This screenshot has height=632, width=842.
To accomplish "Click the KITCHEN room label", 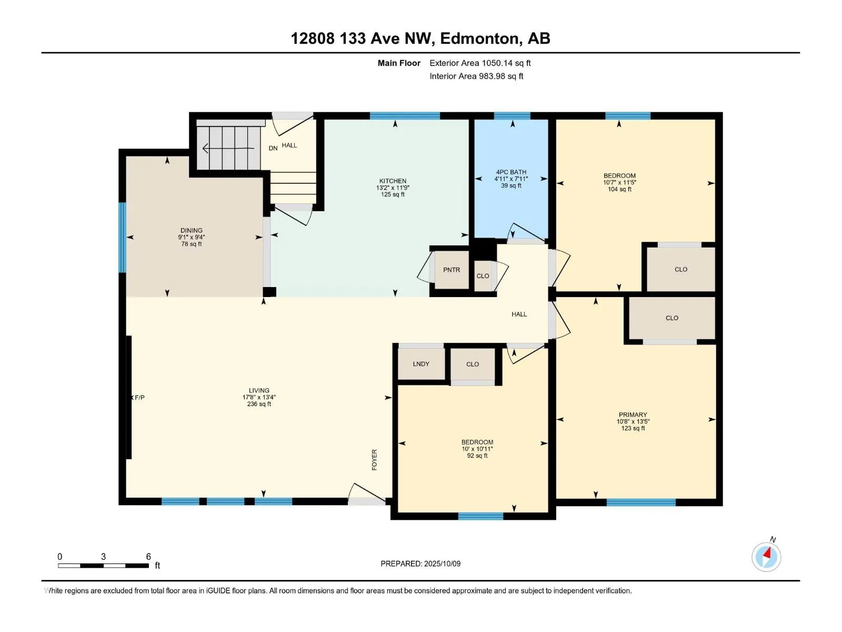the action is tap(393, 181).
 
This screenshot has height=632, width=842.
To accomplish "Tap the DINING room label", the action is tap(192, 230).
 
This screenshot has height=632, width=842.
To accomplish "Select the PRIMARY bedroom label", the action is tap(633, 414).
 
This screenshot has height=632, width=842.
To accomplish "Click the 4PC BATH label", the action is tap(511, 172).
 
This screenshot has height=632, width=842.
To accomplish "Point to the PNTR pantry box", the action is tap(452, 270).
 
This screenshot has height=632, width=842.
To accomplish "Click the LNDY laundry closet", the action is tap(421, 364).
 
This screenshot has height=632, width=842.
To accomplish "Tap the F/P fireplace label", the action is tap(139, 398).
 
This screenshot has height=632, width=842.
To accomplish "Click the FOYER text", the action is tap(374, 460).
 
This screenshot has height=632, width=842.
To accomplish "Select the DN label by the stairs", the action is tap(273, 148).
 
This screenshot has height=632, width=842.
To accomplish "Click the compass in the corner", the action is tap(766, 557).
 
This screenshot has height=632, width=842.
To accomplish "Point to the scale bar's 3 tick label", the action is tap(103, 556).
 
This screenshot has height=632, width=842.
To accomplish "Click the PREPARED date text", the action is tap(420, 564).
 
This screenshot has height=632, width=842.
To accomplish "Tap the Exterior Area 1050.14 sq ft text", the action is tap(480, 63).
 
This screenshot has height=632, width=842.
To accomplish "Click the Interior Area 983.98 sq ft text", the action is tap(476, 76).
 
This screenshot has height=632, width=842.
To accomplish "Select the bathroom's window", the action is tap(512, 116).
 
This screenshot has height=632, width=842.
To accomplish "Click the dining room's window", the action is tap(122, 237).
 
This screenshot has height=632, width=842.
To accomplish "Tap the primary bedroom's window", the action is tap(641, 502).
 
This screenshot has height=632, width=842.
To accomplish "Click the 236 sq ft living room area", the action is tap(259, 403).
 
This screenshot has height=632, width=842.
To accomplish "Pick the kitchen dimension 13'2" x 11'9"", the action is tap(393, 187).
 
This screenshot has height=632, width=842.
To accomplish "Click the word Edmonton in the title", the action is tap(479, 38).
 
